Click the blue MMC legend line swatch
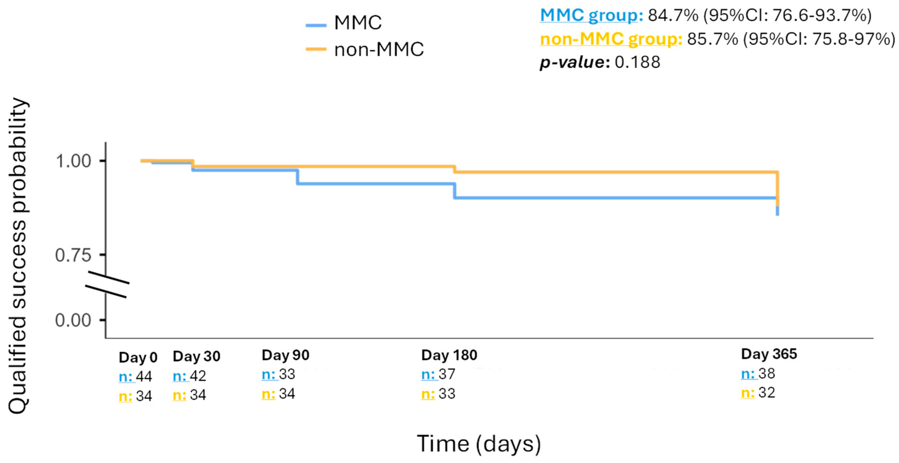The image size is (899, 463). (316, 25)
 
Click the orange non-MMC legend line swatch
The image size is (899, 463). (316, 49)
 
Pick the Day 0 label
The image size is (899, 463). (138, 357)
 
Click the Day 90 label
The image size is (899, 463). (285, 355)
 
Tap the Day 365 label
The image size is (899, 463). (769, 354)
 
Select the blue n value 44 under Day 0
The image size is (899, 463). (144, 376)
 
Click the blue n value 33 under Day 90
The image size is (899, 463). (287, 374)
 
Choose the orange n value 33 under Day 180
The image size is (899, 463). (447, 394)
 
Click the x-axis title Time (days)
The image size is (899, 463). (479, 444)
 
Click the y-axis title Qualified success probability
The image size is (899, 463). (17, 256)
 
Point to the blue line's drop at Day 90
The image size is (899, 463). (297, 177)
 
